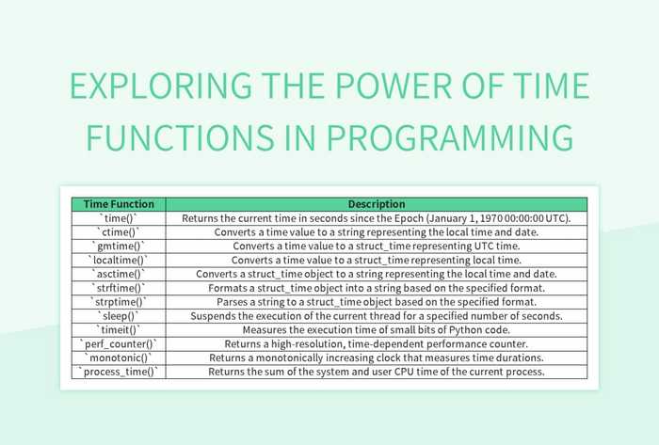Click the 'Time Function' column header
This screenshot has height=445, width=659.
[119, 204]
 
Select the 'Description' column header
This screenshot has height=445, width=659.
[377, 204]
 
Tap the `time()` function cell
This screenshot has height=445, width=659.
[119, 218]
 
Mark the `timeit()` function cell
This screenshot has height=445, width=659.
[119, 331]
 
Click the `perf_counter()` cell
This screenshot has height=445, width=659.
[119, 345]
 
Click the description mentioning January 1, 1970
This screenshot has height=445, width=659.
[377, 218]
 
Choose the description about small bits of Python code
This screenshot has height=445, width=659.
[377, 331]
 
